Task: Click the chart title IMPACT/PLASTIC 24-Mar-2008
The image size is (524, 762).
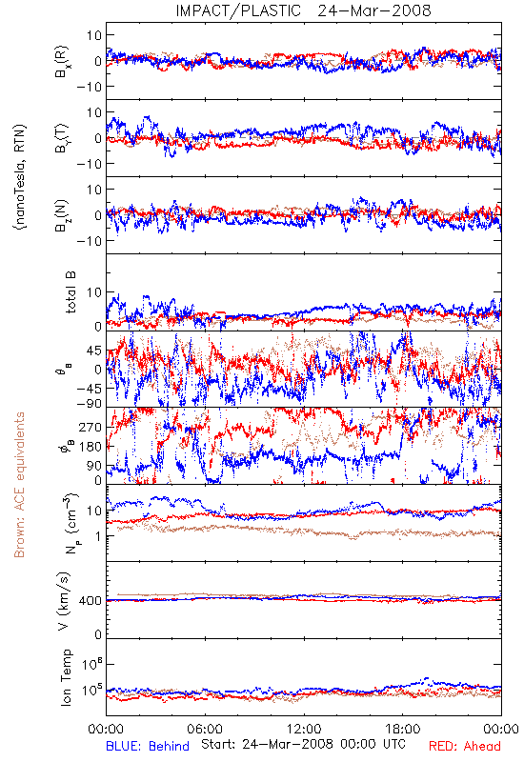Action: coord(303,10)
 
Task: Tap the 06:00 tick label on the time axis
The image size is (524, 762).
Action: coord(205,729)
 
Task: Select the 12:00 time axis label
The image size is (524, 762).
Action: coord(304,729)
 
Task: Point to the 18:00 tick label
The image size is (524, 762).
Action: coord(403,729)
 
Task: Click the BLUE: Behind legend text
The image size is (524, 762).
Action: coord(148,746)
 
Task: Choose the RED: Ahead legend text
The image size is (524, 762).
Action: coord(465,746)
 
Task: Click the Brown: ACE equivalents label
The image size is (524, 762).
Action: coord(19,485)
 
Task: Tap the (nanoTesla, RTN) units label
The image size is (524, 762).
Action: coord(20,177)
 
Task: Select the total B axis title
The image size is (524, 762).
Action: coord(70,292)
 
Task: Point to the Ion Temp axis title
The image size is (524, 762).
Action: coord(66,677)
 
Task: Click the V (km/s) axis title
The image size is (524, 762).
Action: coord(65,601)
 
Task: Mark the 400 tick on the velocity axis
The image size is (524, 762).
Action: coord(91,601)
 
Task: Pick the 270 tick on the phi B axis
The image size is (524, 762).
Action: coord(91,427)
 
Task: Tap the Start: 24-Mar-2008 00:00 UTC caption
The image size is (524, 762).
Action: coord(303,744)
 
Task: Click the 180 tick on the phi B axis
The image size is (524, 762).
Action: coord(91,447)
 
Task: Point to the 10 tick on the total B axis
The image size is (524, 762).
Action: coord(94,292)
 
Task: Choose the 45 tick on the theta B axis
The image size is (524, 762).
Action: coord(94,351)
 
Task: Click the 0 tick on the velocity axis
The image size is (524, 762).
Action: coord(98,634)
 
